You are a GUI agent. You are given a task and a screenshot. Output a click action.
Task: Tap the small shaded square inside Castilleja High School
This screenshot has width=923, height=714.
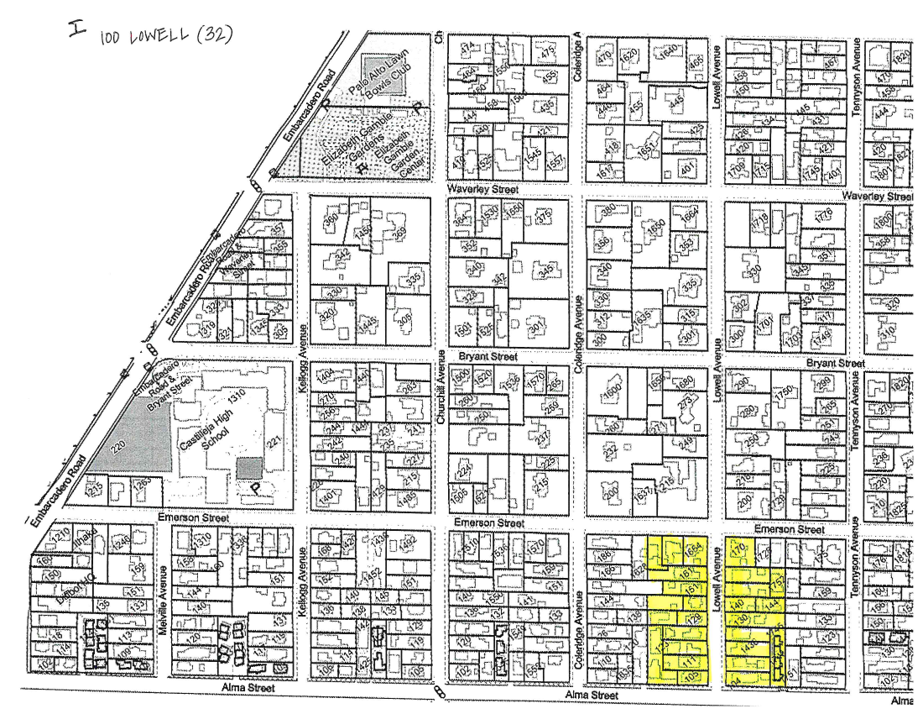click(x=248, y=469)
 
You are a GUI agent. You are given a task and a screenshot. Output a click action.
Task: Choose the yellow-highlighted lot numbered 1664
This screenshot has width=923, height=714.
click(x=692, y=550)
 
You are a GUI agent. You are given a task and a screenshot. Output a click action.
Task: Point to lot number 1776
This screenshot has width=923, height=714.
click(x=823, y=219)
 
